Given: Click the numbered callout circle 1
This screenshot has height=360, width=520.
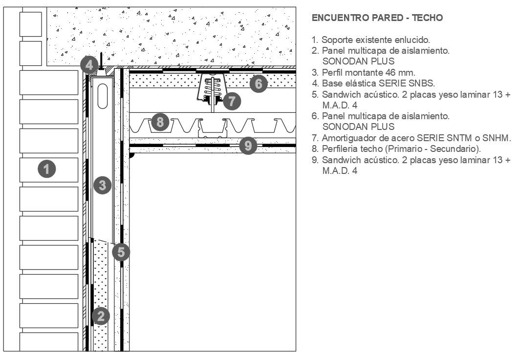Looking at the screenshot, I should pos(46,169).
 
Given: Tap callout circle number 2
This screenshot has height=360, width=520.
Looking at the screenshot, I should pos(101,316).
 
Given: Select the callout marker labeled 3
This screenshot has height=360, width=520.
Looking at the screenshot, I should pos(102,185).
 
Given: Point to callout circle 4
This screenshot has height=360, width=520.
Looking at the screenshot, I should pos(88,64).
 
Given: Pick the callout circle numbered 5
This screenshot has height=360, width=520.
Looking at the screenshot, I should pos(121,252).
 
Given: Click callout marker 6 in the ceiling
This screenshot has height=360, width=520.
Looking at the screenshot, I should pos(259,84).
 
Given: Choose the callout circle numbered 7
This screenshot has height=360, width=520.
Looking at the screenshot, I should pos(232,102).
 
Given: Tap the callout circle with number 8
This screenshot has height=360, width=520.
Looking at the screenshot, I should pos(160,120).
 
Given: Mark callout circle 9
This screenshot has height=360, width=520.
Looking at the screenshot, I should pos(248,145).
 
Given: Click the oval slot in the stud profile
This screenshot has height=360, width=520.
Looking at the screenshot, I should pos(102,97).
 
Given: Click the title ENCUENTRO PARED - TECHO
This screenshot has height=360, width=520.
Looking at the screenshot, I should pos(377,18).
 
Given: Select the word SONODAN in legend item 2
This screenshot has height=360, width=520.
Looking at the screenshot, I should pos(344,61).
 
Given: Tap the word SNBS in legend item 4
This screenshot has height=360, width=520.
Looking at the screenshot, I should pos(424,83).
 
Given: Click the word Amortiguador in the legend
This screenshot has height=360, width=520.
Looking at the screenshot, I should pos(346,138).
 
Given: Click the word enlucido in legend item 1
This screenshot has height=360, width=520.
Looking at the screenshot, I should pos(413,40).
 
